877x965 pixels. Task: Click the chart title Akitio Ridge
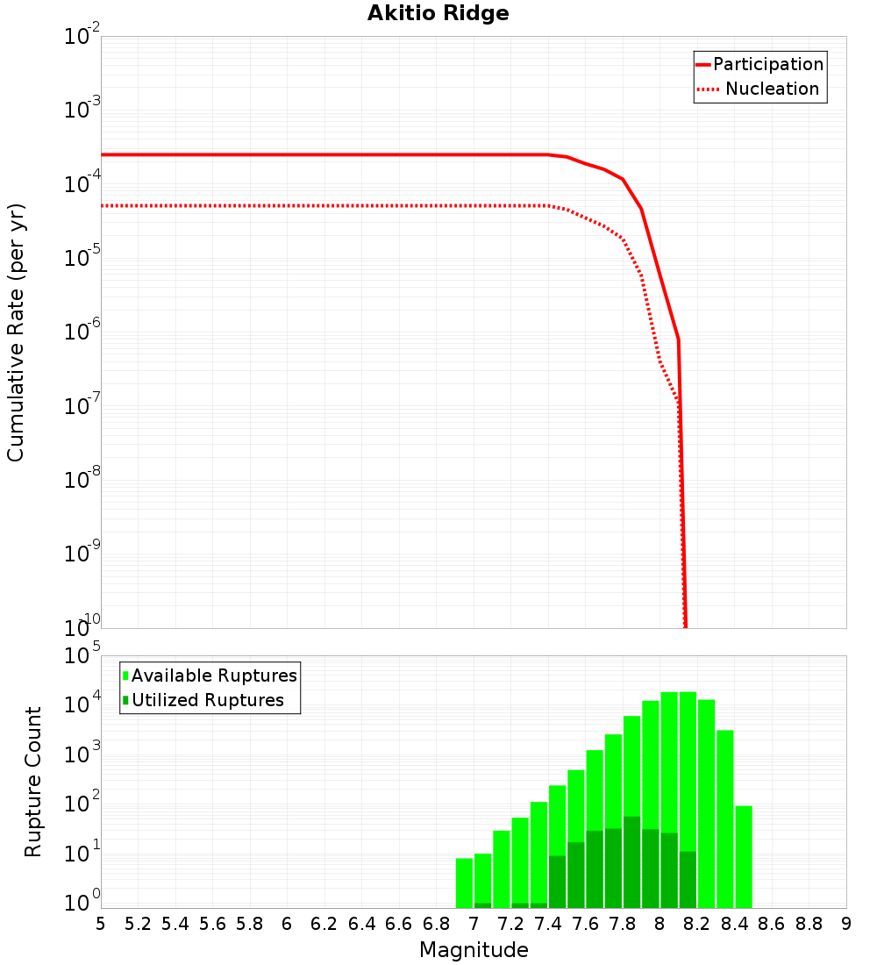(x=426, y=13)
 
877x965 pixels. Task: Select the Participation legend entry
(x=768, y=64)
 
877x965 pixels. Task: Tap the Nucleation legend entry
(x=772, y=89)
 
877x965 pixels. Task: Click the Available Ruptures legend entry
(x=214, y=675)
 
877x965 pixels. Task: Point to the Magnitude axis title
(x=474, y=950)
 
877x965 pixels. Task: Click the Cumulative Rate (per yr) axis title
(x=16, y=332)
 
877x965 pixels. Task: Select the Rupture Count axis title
(x=33, y=782)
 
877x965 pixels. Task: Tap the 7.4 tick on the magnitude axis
(x=548, y=924)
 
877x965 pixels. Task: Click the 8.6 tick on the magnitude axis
(x=772, y=924)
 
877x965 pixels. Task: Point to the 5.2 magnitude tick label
(x=138, y=924)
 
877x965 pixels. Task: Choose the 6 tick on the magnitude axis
(x=287, y=924)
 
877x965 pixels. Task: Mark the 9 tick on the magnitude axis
(x=845, y=924)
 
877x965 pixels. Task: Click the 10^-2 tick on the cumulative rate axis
(x=82, y=37)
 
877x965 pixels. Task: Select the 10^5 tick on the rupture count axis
(x=82, y=656)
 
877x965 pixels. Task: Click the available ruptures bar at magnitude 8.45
(x=744, y=856)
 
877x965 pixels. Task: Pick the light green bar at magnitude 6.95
(x=464, y=883)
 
